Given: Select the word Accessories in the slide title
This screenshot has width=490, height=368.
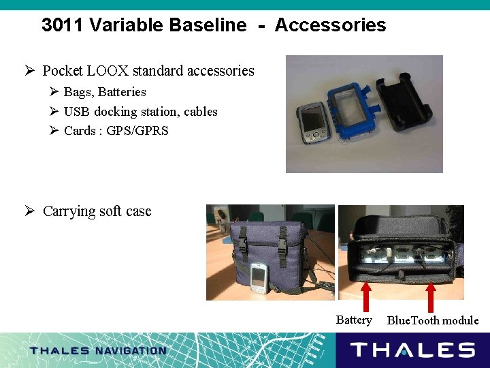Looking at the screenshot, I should coord(330,26).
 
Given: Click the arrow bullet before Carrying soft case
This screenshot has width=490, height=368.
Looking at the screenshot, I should coord(30,211).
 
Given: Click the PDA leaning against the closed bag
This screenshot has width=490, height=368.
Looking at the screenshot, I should coord(258,278).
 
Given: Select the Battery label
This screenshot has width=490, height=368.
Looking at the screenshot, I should coord(354,320).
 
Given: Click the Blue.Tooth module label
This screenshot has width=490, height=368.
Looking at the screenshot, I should coord(433,320).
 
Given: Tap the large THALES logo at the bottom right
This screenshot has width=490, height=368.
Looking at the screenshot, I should coord(412,350).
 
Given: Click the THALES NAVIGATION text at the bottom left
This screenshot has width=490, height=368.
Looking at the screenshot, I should coord(98,351).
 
